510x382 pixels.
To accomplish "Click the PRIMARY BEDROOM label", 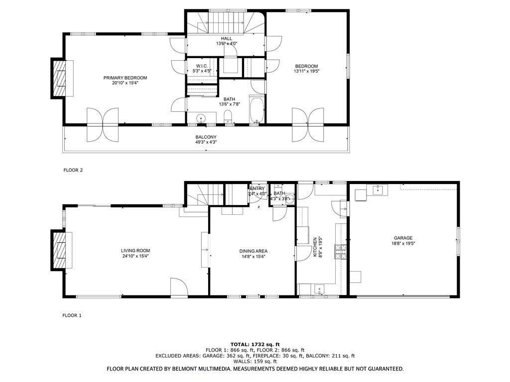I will click(125, 78).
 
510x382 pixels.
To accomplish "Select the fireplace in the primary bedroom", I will click(60, 78).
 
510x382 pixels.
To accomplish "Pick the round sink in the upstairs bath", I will click(201, 118).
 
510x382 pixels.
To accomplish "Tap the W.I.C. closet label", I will click(201, 66).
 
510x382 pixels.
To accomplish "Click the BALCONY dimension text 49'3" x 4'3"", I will click(206, 142).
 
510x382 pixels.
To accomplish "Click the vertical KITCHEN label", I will click(315, 247).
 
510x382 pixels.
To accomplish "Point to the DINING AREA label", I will click(254, 251).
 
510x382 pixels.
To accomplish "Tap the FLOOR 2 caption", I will click(73, 170).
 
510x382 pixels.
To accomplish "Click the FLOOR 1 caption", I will click(72, 315).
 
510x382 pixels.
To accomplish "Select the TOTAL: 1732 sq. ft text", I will click(255, 344).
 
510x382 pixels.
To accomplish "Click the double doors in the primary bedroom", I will click(102, 124).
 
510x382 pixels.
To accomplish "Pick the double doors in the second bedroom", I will click(308, 124).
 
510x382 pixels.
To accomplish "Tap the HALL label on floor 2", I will click(226, 38).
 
